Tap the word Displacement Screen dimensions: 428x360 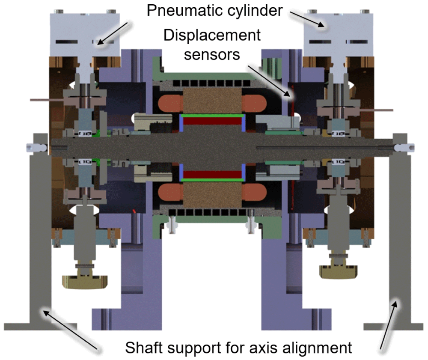[212, 36]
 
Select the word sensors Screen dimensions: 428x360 [212, 55]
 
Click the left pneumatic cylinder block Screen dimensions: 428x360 [85, 35]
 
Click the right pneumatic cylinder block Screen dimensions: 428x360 [338, 35]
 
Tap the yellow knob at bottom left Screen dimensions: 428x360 [85, 281]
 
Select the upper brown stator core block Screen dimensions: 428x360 [212, 101]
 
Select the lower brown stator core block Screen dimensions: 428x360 [212, 195]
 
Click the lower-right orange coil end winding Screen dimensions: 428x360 [254, 193]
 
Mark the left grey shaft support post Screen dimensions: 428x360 [40, 232]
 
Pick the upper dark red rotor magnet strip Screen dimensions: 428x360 [212, 121]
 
